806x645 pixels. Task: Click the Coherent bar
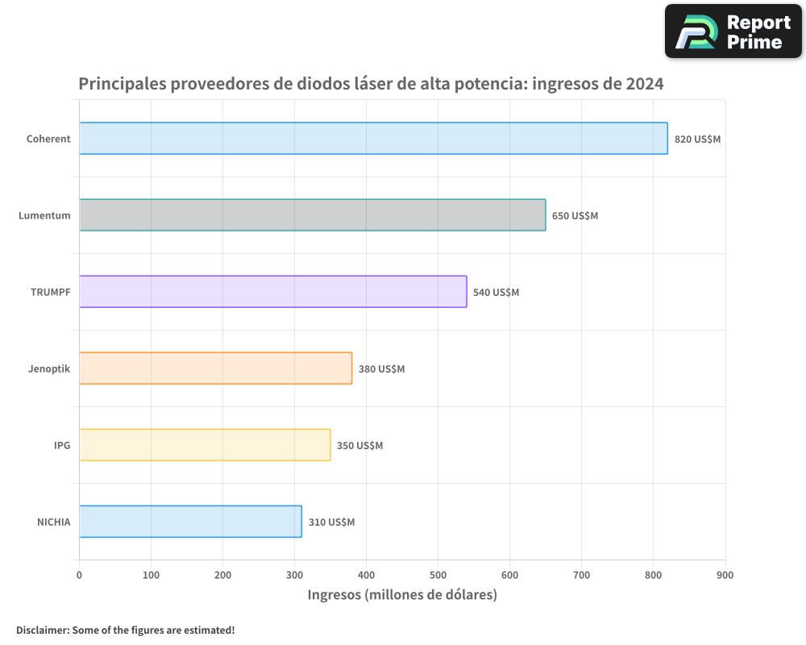(373, 139)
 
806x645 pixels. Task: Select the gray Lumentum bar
(312, 215)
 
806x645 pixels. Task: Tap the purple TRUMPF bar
(272, 292)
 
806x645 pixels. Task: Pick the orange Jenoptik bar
(215, 368)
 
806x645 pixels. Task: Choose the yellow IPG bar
(205, 445)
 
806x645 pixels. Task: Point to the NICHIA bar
(190, 522)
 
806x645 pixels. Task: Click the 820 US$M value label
(697, 139)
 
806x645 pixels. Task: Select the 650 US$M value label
(575, 216)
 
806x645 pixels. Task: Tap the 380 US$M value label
(381, 369)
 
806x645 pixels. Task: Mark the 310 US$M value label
(331, 522)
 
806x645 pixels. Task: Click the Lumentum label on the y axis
(44, 215)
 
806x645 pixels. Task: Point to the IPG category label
(62, 445)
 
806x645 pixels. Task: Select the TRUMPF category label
(50, 292)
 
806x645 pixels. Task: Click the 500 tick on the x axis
(438, 575)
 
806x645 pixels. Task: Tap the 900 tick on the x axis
(725, 575)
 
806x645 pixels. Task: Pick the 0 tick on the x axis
(79, 575)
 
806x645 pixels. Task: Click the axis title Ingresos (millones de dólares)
(402, 595)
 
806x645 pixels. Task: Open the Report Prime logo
(733, 31)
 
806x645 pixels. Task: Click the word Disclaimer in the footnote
(42, 630)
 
